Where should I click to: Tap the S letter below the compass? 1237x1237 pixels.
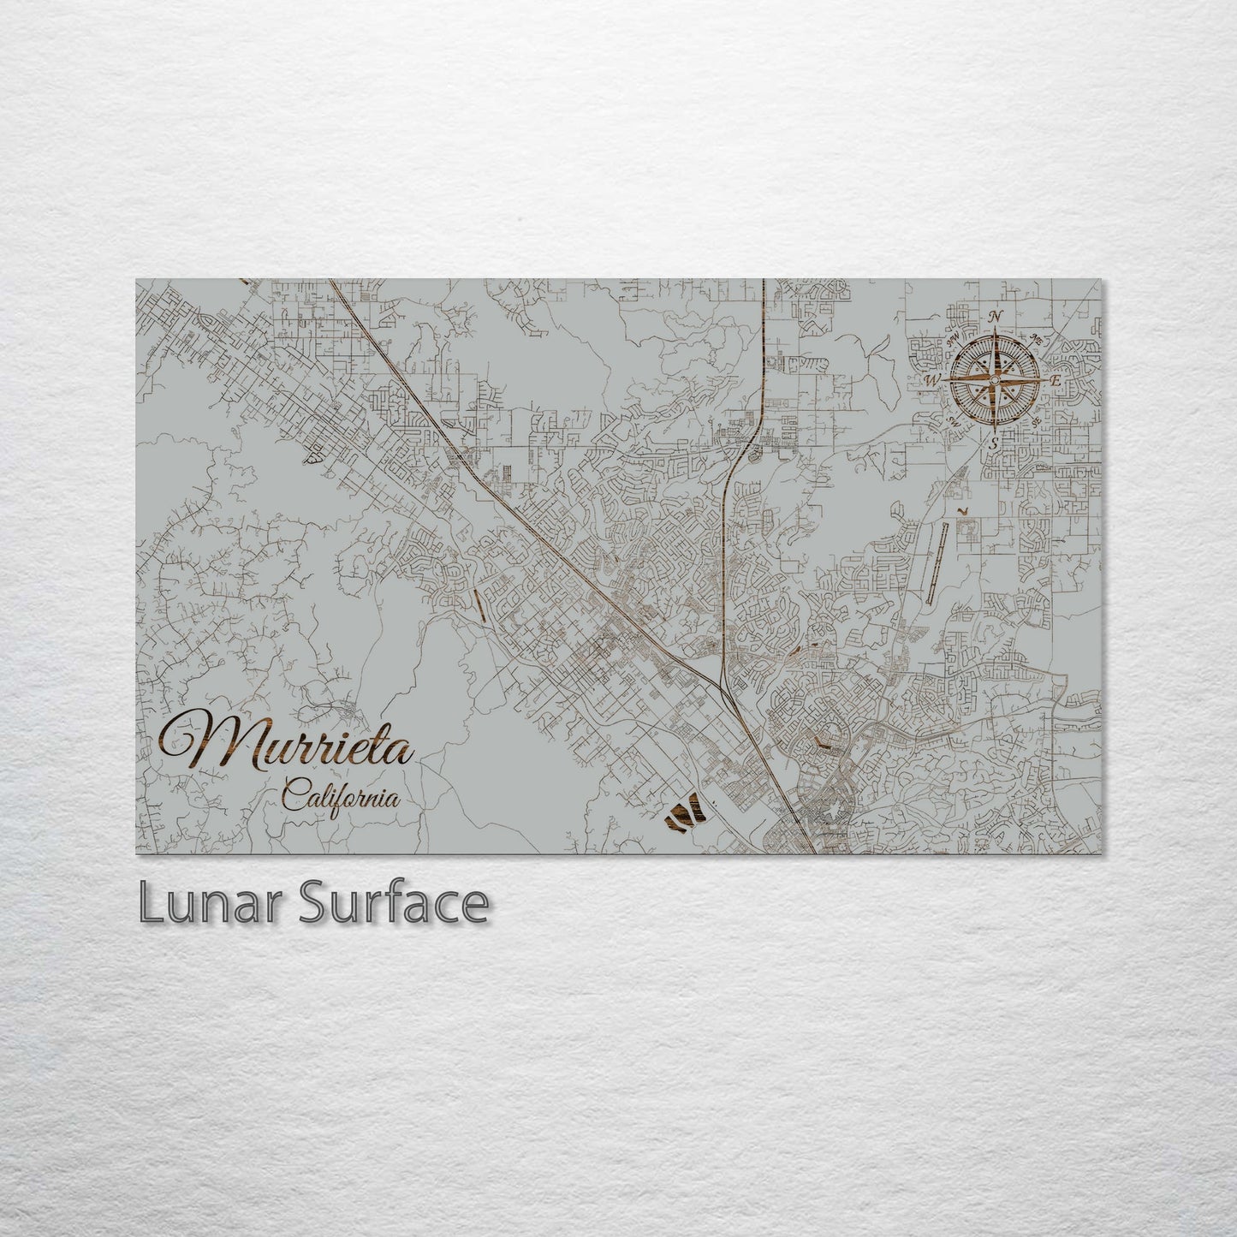pos(994,443)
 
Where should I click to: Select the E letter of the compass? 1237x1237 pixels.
pos(1056,379)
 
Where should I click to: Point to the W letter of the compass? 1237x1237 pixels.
pos(933,379)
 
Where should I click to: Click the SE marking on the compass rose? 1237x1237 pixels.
pos(1035,420)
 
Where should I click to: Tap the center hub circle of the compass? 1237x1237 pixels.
pos(995,379)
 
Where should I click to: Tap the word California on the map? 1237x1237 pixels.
pos(340,798)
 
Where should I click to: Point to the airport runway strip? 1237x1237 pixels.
pos(937,556)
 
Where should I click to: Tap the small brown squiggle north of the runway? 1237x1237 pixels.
pos(965,511)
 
